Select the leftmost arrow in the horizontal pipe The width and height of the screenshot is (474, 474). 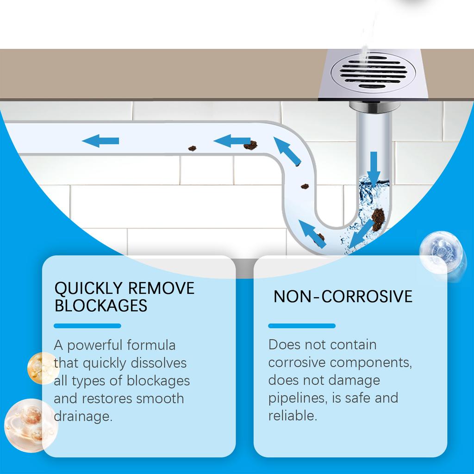pos(100,140)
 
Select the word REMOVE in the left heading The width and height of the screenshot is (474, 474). pos(161,288)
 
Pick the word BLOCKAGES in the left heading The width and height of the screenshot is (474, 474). pos(100,306)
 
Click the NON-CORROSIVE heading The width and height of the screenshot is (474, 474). pos(343,296)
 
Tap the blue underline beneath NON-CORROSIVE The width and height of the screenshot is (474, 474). pos(302,326)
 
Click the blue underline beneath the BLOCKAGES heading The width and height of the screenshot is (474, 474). pos(87,326)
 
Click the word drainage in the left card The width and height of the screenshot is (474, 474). pos(83,416)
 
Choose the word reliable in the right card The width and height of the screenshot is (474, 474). pos(293,415)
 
